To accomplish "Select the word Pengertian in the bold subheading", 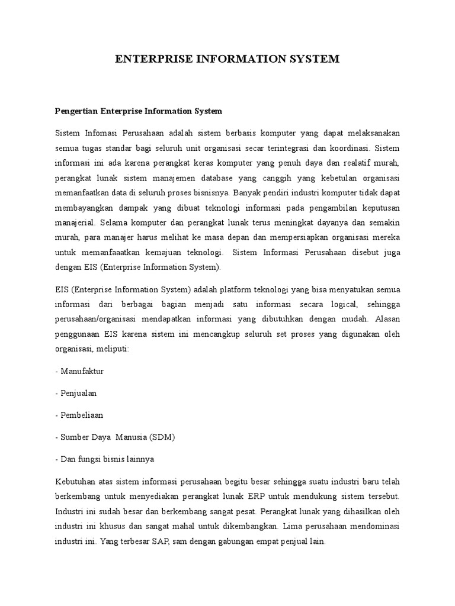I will point(76,111).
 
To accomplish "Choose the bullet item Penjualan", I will point(78,392).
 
